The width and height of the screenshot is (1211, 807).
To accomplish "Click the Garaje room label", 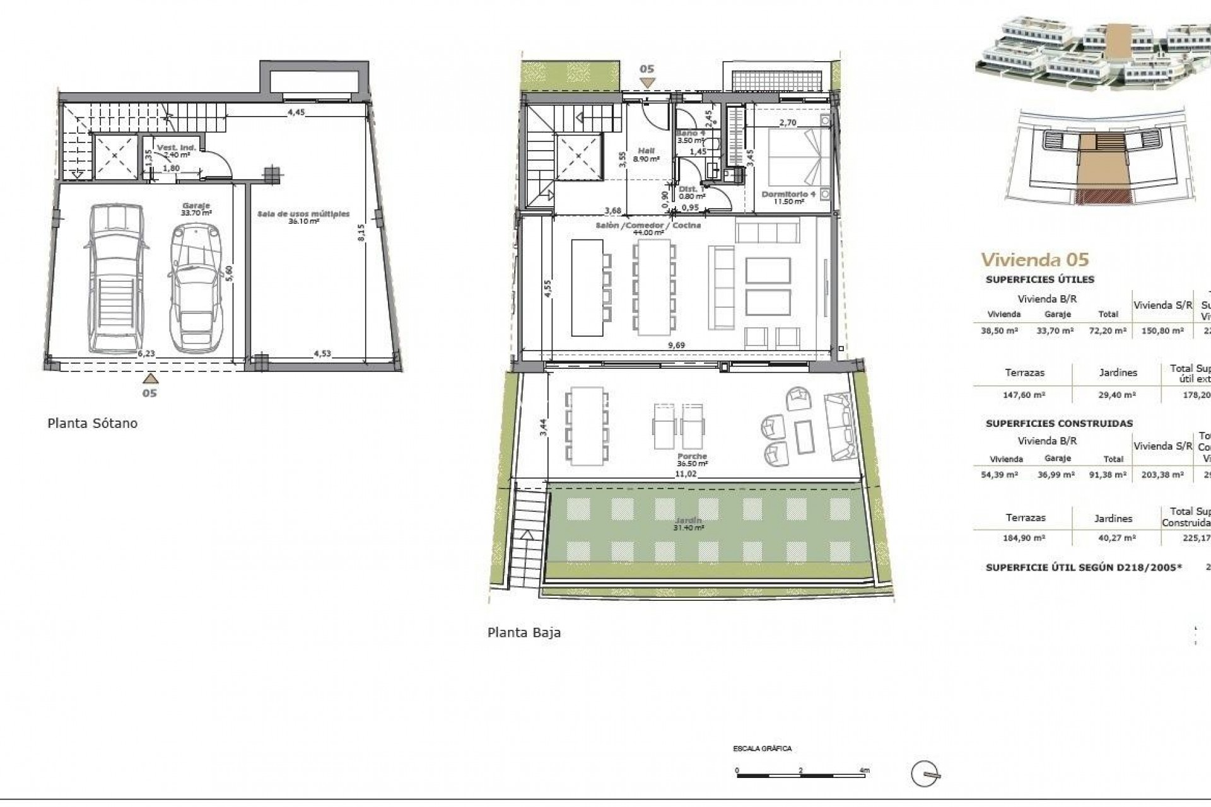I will coord(196,206).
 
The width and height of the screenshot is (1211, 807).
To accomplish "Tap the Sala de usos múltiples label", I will coord(303,214).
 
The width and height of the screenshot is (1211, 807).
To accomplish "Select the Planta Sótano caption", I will coord(92,423).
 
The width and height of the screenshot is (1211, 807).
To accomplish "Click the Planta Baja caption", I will coord(524,632).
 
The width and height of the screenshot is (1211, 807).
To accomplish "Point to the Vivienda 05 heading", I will coord(1035,259).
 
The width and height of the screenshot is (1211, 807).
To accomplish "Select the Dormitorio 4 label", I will coord(788,194).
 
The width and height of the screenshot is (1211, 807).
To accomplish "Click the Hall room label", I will coord(646,151).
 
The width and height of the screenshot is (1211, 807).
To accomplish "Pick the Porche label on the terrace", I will coord(692,456).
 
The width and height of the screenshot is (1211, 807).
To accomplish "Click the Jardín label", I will coord(688,521).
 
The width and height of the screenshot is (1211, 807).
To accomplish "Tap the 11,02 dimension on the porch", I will coord(686,473).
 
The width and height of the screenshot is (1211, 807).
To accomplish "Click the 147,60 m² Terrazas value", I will coord(1024,395).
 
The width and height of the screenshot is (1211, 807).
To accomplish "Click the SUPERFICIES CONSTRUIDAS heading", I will coord(1059,424).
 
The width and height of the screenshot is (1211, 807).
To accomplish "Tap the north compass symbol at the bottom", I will coord(926,773).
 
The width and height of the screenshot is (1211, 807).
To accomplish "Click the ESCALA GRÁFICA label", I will coord(762,748).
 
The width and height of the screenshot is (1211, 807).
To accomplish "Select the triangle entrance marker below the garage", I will coord(149,378).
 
